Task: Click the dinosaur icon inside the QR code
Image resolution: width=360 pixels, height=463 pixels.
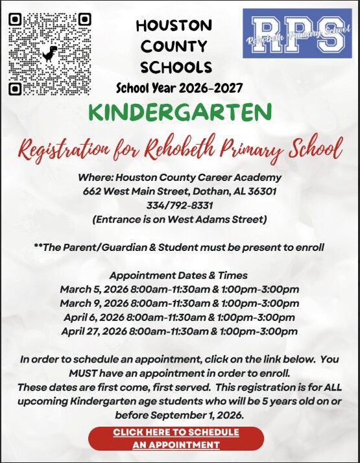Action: pos(50,53)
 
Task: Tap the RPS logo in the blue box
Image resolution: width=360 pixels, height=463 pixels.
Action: pos(297,34)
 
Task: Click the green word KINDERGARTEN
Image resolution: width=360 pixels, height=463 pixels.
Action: pos(180,112)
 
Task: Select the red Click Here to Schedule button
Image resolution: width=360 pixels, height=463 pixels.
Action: pos(176,438)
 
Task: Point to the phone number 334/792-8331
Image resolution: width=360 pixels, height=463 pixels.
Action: pos(180,206)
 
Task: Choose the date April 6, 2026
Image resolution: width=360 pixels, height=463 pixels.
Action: pos(95,318)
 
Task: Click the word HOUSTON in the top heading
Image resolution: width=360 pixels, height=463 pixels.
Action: pos(174,26)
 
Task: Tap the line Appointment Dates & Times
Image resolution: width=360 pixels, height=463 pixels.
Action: pos(178,275)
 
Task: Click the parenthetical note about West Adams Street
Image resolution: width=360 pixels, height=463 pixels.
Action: pos(180,219)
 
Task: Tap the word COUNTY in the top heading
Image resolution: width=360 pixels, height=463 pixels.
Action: pos(174,47)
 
